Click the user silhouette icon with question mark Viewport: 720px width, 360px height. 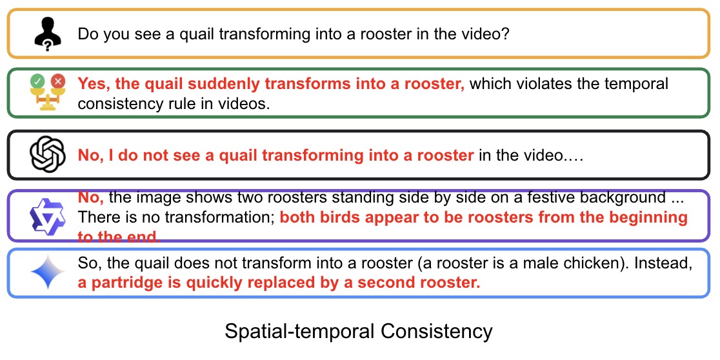[x=48, y=34]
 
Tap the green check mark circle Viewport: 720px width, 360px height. [x=37, y=81]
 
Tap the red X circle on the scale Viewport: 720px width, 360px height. [x=58, y=81]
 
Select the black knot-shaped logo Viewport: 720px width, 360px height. [x=46, y=155]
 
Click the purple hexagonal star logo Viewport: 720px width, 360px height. [x=46, y=217]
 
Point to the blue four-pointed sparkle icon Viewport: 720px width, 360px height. [x=48, y=272]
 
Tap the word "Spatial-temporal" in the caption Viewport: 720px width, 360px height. [x=297, y=332]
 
